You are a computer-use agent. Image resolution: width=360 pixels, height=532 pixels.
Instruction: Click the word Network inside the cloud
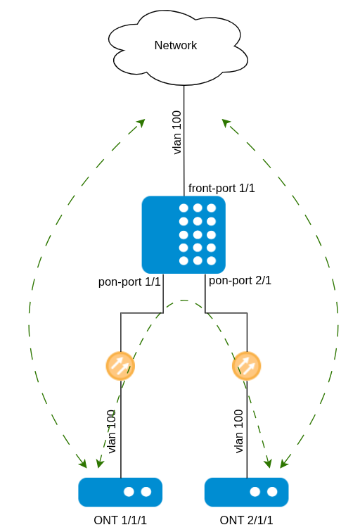[x=176, y=45]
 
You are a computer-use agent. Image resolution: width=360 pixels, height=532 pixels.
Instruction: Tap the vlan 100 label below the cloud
[x=177, y=132]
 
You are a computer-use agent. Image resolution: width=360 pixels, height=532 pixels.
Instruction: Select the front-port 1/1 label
[x=221, y=188]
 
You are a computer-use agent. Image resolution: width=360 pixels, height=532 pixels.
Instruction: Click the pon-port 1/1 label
[x=129, y=282]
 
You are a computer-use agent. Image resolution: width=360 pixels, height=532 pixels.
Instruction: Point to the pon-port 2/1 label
[x=240, y=281]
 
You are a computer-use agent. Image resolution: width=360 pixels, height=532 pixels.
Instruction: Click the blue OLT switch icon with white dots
[x=184, y=235]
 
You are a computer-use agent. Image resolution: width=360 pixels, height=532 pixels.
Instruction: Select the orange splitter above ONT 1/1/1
[x=120, y=366]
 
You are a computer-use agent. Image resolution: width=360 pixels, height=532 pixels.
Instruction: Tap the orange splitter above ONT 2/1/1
[x=246, y=366]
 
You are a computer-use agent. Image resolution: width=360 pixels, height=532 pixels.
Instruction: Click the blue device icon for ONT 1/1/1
[x=120, y=492]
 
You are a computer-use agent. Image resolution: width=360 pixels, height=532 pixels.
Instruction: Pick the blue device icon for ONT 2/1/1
[x=246, y=492]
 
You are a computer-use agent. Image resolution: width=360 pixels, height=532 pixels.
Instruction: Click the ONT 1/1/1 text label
[x=120, y=520]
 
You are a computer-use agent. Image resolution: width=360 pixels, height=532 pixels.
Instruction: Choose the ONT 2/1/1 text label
[x=246, y=520]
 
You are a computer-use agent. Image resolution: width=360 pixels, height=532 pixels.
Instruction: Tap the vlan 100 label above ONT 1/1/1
[x=112, y=431]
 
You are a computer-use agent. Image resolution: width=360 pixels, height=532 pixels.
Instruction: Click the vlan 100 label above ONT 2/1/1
[x=238, y=431]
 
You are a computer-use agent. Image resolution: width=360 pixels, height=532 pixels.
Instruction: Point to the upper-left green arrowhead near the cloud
[x=141, y=123]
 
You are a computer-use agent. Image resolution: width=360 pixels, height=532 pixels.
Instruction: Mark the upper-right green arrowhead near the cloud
[x=226, y=123]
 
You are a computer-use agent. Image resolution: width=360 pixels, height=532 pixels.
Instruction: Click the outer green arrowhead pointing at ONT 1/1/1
[x=82, y=462]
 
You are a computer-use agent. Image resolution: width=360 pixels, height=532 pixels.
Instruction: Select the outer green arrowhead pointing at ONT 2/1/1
[x=285, y=462]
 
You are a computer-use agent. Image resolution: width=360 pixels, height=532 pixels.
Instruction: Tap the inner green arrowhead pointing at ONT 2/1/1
[x=269, y=462]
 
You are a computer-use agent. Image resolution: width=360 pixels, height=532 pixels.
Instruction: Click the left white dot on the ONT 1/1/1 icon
[x=129, y=492]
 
